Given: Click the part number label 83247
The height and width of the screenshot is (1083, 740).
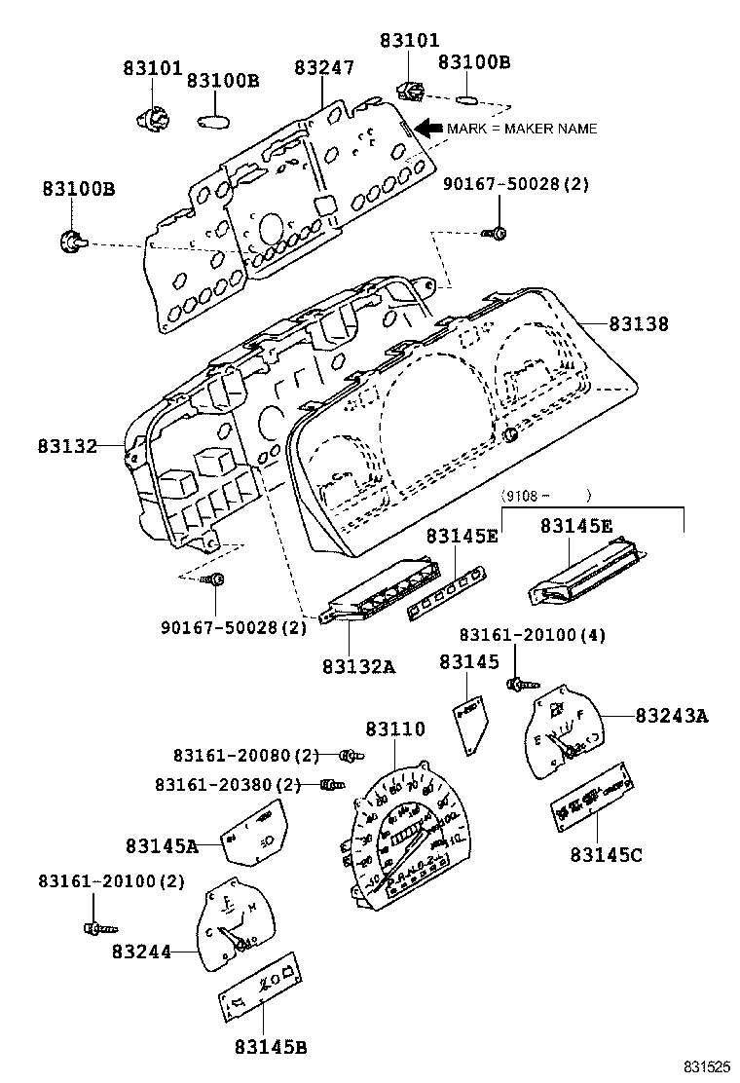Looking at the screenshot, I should pos(324,68).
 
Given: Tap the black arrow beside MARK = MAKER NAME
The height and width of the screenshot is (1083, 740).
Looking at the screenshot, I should pos(427,128).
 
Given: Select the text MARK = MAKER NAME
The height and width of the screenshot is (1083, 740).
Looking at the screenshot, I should pos(522,129).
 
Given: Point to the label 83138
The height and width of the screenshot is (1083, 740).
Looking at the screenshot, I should pos(639,324).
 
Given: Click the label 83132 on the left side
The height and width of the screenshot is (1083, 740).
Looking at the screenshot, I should pos(68,446).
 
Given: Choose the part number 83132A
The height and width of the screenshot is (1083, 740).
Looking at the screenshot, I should pos(358,667).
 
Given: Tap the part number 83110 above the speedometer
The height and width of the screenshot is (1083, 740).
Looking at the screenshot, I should pos(395,728).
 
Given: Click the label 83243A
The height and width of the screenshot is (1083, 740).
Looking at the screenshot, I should pos(672,716).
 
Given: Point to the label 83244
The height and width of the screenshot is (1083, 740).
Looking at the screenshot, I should pos(141,951).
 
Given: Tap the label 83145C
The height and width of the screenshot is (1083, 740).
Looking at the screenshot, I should pos(606,854).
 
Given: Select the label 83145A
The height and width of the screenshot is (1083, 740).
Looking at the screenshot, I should pos(161,846).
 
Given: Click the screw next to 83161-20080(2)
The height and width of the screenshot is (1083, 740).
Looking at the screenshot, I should pos(351,755).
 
